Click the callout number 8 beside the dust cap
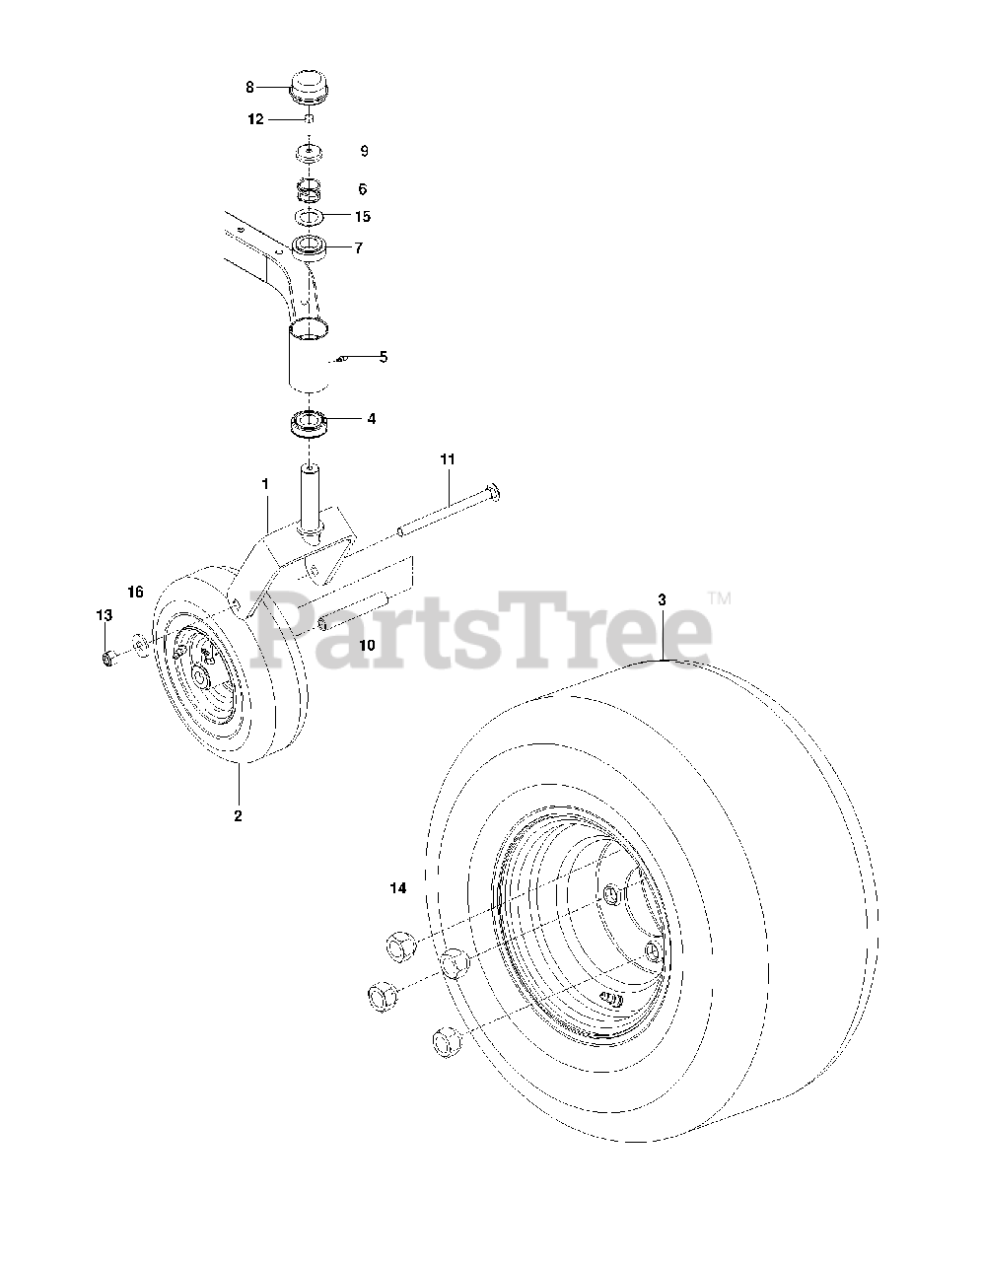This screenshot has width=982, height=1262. click(249, 87)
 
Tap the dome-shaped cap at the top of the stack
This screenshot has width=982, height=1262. click(309, 88)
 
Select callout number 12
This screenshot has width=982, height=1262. click(255, 119)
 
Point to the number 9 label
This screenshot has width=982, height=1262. click(364, 151)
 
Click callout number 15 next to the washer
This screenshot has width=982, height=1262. click(363, 216)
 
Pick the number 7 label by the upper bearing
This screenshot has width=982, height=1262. click(358, 248)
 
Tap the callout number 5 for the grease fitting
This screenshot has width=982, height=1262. click(384, 357)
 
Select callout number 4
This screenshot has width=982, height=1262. click(372, 418)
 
